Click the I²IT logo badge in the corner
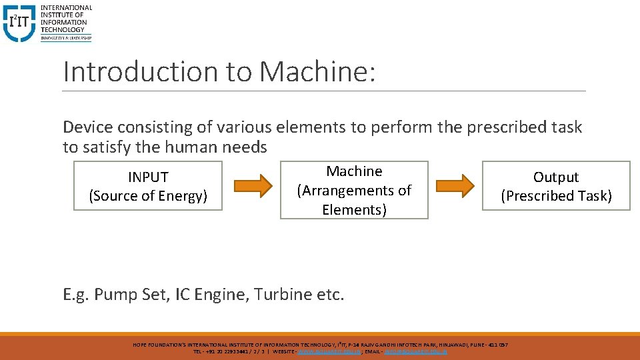coord(19,23)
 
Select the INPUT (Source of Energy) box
coord(148,186)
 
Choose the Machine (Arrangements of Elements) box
coord(354,190)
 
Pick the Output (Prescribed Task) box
coord(556,186)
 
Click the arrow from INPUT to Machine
coord(253,185)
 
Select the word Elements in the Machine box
coord(354,210)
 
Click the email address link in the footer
coord(416,351)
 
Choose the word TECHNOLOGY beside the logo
coord(63,29)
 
